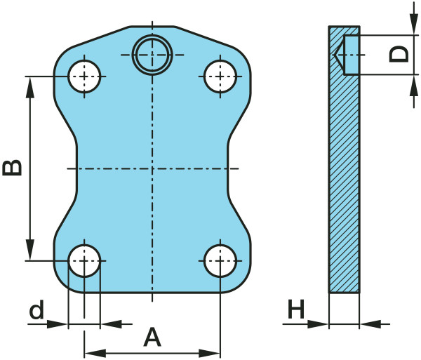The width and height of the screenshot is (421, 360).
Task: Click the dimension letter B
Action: pyautogui.click(x=12, y=168)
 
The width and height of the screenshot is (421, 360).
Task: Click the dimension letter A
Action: pyautogui.click(x=152, y=337)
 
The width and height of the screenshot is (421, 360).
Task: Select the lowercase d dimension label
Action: pyautogui.click(x=36, y=309)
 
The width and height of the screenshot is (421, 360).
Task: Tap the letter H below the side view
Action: pyautogui.click(x=296, y=309)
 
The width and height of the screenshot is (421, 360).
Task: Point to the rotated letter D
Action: pyautogui.click(x=399, y=54)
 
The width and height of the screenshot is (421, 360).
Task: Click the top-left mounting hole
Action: pyautogui.click(x=84, y=76)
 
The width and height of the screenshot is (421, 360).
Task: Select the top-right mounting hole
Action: pyautogui.click(x=220, y=76)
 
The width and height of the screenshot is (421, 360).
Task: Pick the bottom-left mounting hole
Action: pyautogui.click(x=84, y=260)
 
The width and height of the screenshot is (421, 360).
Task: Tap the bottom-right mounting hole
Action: pyautogui.click(x=220, y=260)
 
